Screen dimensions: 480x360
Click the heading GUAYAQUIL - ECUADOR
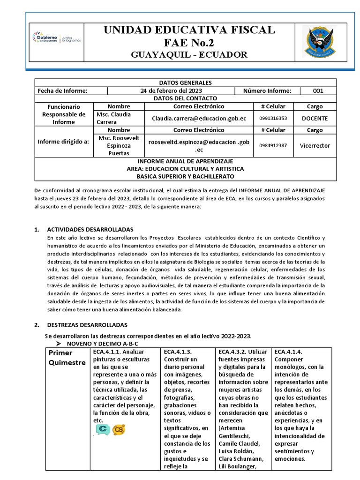pyautogui.click(x=189, y=55)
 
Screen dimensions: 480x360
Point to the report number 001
pyautogui.click(x=318, y=91)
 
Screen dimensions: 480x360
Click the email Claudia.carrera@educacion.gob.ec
pyautogui.click(x=199, y=118)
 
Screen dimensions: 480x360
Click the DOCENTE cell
pyautogui.click(x=315, y=118)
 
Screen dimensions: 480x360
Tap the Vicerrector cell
pyautogui.click(x=315, y=145)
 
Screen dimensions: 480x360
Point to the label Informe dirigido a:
pyautogui.click(x=63, y=141)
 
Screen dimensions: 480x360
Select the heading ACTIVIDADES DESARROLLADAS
pyautogui.click(x=90, y=230)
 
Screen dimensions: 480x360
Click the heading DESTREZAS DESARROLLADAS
pyautogui.click(x=87, y=325)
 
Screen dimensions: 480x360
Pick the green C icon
pyautogui.click(x=103, y=429)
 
